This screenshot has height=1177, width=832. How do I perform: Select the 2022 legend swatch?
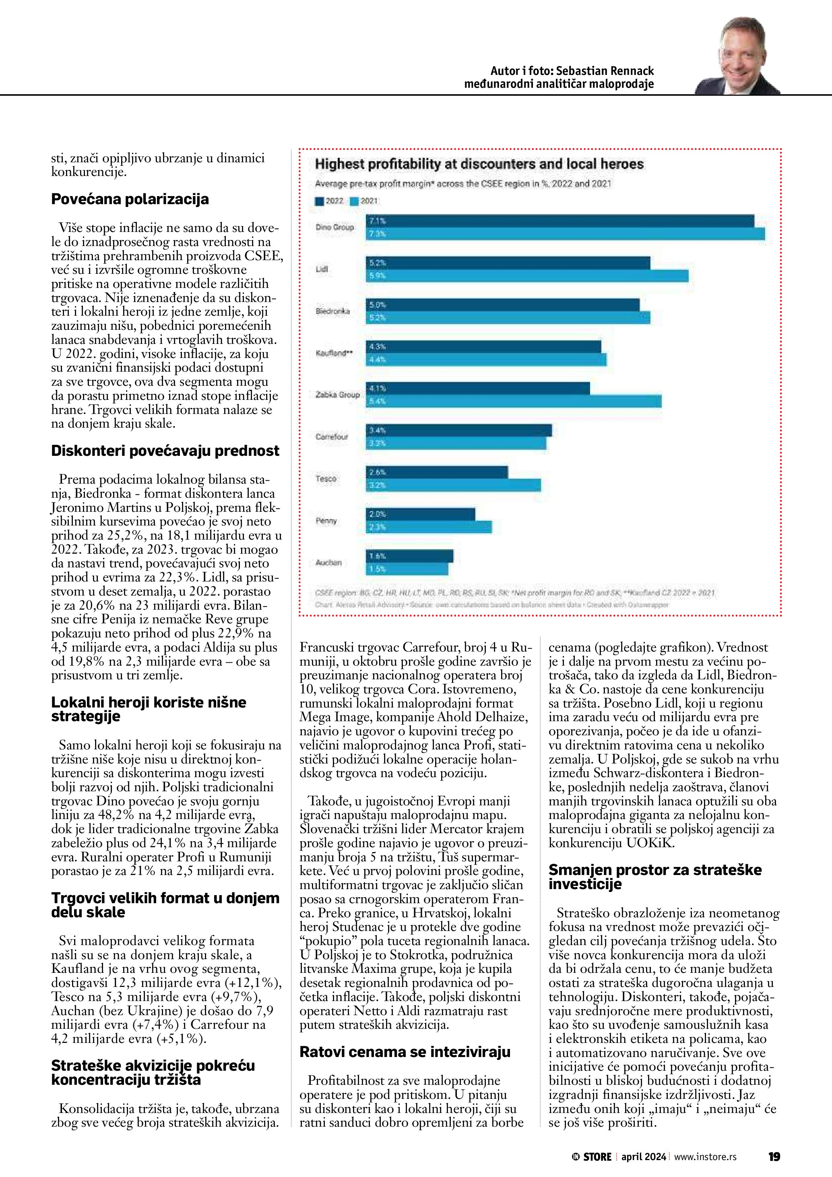319,201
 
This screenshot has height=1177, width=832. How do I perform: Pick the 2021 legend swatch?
354,201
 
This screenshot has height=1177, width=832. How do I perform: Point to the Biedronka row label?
333,311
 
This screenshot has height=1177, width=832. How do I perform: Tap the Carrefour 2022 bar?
458,430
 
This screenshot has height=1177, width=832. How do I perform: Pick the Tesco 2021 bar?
453,485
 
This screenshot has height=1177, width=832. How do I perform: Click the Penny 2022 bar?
420,514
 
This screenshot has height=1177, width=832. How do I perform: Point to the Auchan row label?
328,563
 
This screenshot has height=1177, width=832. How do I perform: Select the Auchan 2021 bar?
407,569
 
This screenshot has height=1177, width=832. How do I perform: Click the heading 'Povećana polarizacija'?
130,199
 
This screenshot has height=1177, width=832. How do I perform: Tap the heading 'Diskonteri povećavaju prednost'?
165,451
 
